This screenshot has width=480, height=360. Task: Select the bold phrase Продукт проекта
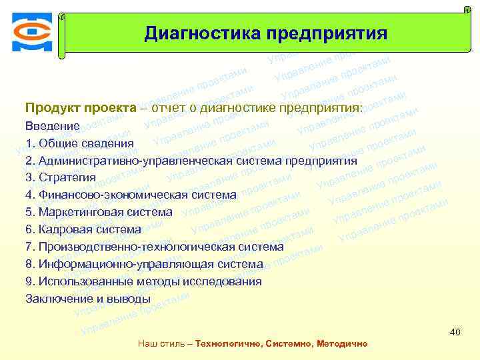pos(80,108)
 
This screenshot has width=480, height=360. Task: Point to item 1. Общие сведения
pos(79,143)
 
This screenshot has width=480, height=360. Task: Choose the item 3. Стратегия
pos(61,177)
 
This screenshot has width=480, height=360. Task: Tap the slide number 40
pos(455,332)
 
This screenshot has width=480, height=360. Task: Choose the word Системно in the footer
pos(287,344)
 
